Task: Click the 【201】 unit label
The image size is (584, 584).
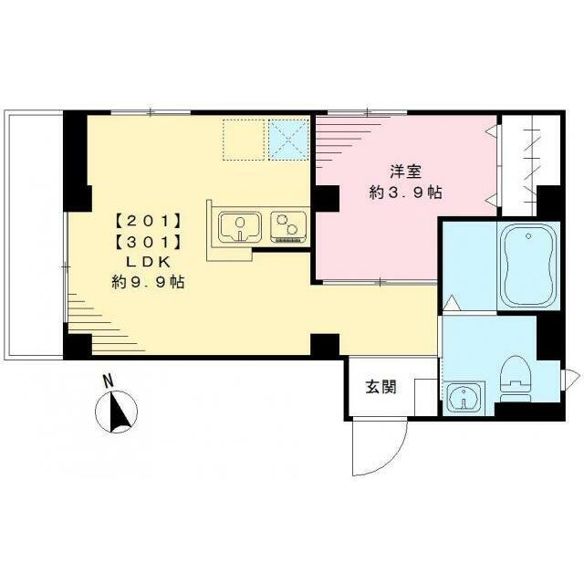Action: [148, 220]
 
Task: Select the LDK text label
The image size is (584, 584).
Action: [148, 262]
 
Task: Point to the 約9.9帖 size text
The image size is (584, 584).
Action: [148, 283]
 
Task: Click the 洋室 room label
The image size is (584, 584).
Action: [404, 171]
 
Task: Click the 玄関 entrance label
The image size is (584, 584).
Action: [381, 387]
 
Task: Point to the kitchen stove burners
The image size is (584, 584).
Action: [289, 225]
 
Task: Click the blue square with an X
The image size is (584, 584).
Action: [288, 140]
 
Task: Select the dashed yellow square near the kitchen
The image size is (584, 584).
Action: [243, 140]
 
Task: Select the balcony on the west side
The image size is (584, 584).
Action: [35, 233]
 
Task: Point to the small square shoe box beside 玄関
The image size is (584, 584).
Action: [425, 398]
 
